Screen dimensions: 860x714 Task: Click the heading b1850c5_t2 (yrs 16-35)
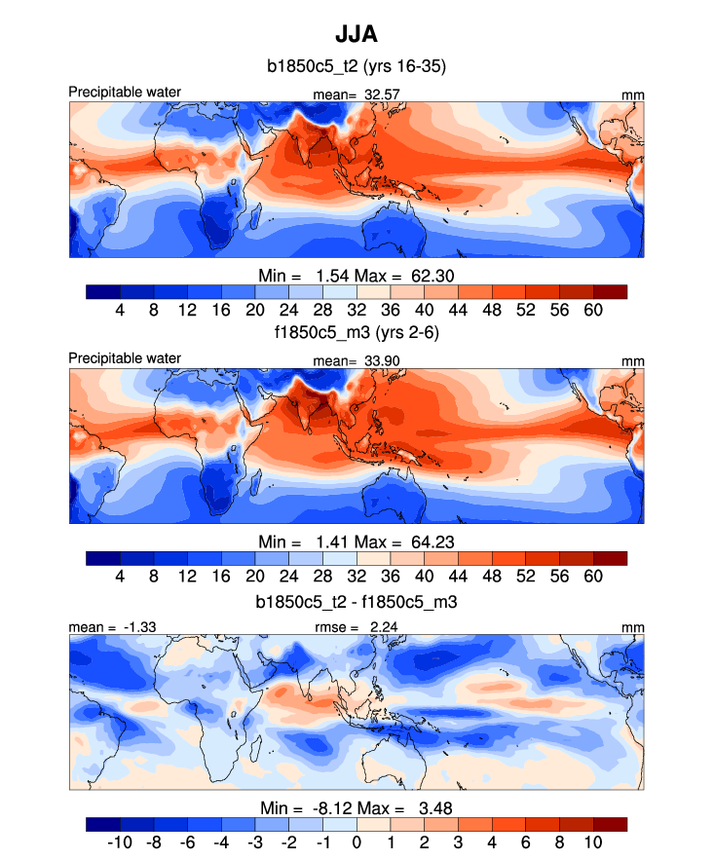[x=357, y=67]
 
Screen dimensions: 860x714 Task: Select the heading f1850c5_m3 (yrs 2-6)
[x=357, y=332]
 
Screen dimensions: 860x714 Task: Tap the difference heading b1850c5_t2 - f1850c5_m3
[x=357, y=603]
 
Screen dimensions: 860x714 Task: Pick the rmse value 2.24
[x=389, y=629]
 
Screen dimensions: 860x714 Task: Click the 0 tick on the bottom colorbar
[x=357, y=841]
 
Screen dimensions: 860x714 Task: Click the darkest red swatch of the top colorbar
[x=610, y=290]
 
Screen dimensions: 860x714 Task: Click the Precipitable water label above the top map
[x=125, y=93]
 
